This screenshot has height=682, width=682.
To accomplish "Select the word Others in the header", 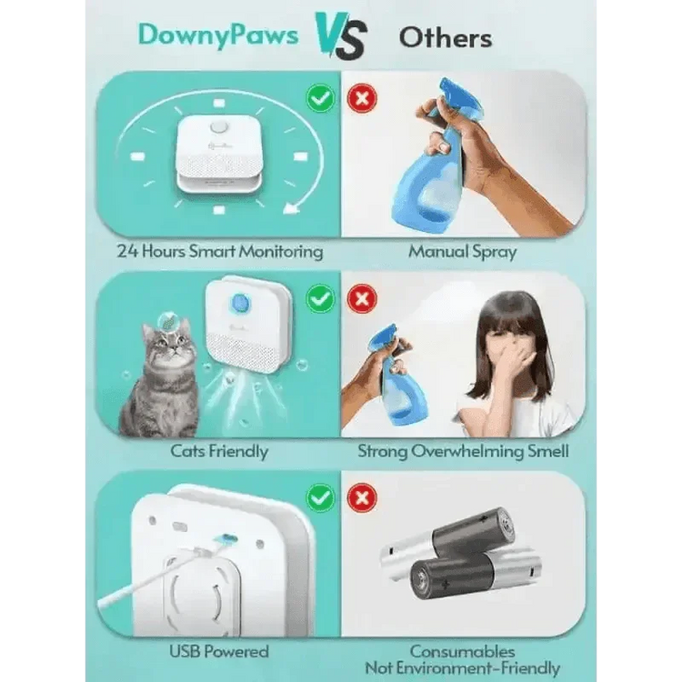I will [x=446, y=37].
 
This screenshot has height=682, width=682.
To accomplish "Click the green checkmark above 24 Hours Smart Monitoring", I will [x=320, y=97].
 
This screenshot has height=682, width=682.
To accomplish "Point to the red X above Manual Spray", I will [x=362, y=97].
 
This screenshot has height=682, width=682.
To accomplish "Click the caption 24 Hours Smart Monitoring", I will [x=219, y=251].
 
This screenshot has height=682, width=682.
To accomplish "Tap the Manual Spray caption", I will [x=463, y=251].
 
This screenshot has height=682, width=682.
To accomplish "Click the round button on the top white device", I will [x=218, y=128].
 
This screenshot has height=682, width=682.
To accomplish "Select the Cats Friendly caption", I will [x=219, y=450].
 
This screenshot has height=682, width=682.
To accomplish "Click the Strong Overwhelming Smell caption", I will [x=463, y=450].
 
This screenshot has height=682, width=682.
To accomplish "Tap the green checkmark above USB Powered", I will [x=320, y=496].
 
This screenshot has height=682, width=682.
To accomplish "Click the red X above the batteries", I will [x=362, y=496].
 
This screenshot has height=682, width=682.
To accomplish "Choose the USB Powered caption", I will [x=219, y=651].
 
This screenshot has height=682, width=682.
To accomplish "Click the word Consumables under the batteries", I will [x=463, y=651].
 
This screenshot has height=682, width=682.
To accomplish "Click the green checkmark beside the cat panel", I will [x=320, y=297].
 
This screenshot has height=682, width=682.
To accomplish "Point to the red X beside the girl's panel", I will [x=362, y=297].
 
